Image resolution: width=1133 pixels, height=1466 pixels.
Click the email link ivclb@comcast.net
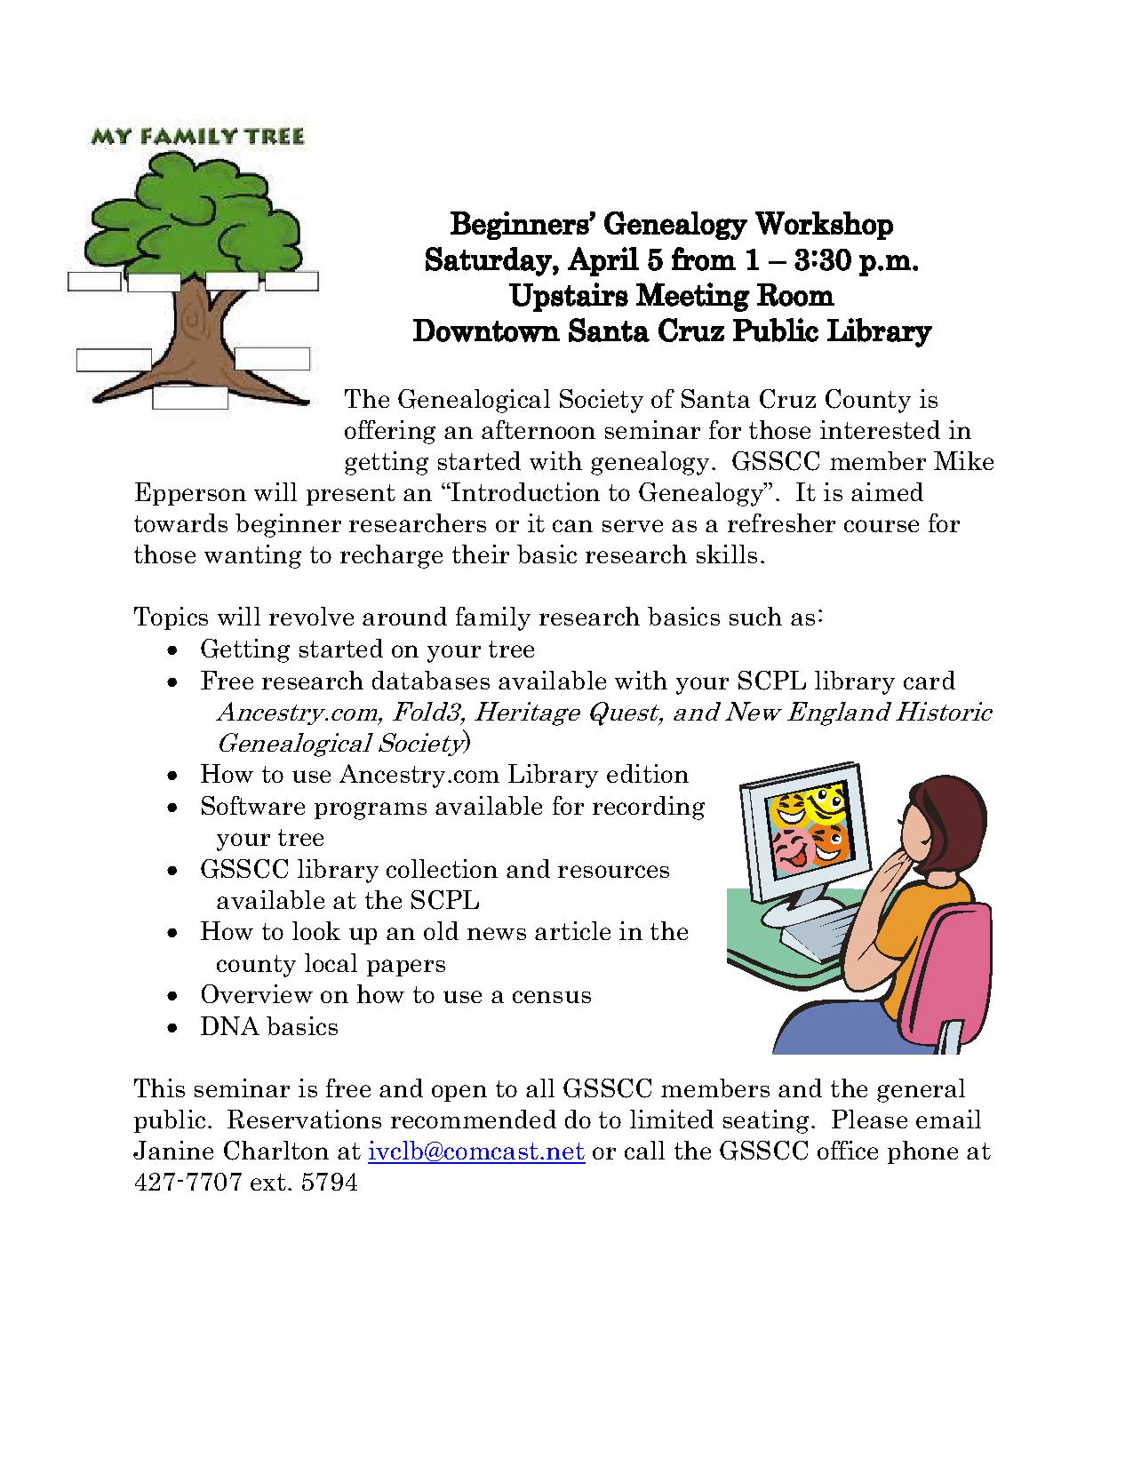[x=475, y=1151]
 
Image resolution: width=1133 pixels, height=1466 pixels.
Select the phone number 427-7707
[x=188, y=1183]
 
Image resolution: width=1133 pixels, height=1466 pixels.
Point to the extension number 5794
[x=331, y=1183]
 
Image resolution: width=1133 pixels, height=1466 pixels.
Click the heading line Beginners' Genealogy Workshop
[x=671, y=224]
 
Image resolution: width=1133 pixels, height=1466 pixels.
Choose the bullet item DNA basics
[x=268, y=1027]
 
